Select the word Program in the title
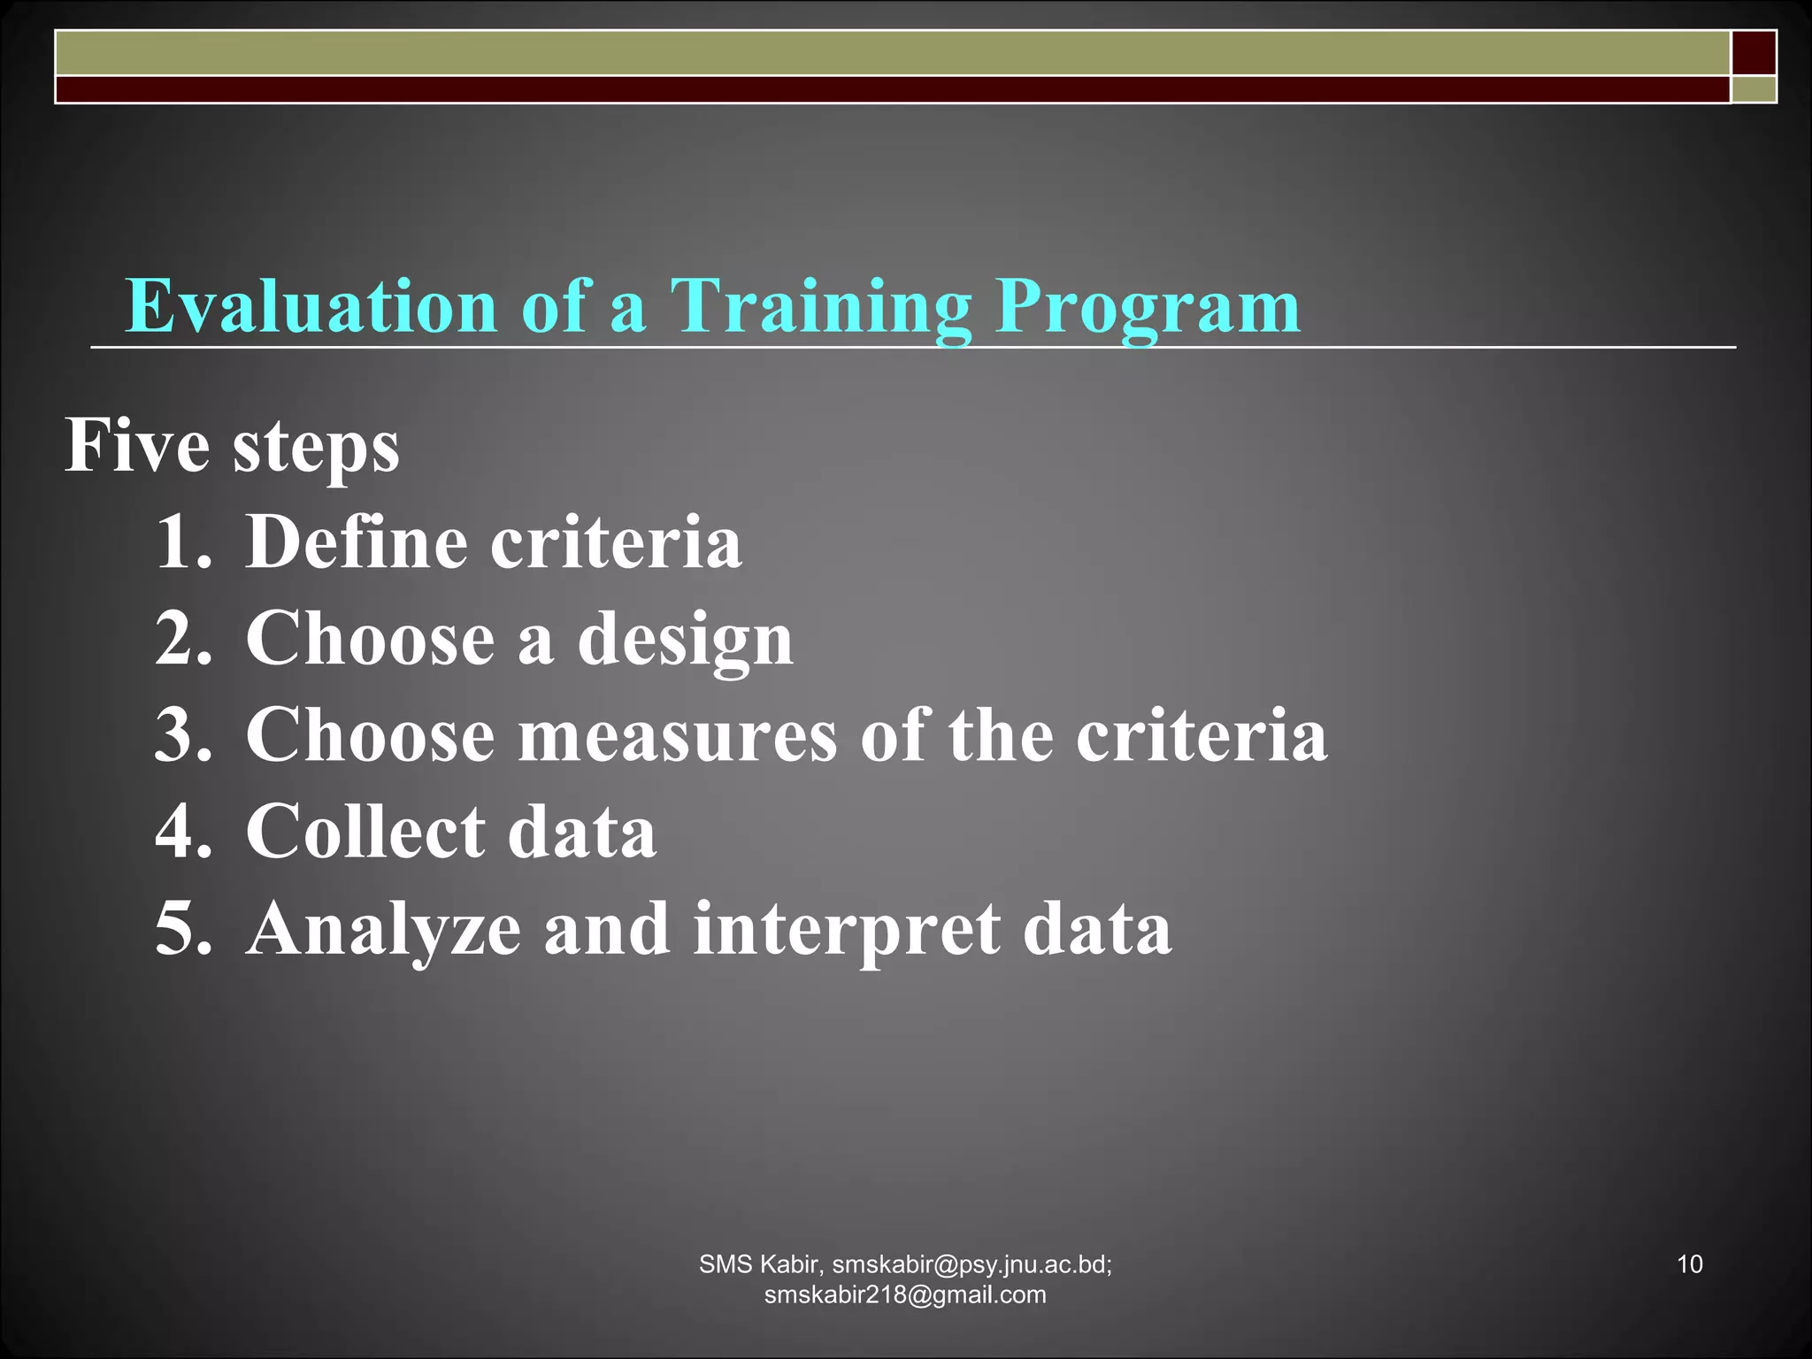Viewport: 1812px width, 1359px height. coord(1148,307)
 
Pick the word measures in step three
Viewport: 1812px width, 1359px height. coord(677,735)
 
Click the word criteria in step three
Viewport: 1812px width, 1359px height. coord(1202,735)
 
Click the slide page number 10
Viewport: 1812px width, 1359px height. coord(1689,1264)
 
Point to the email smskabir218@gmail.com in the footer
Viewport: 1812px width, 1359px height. coord(905,1294)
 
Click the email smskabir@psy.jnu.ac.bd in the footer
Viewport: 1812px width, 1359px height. coord(971,1264)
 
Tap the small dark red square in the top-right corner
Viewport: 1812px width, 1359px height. coord(1754,52)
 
